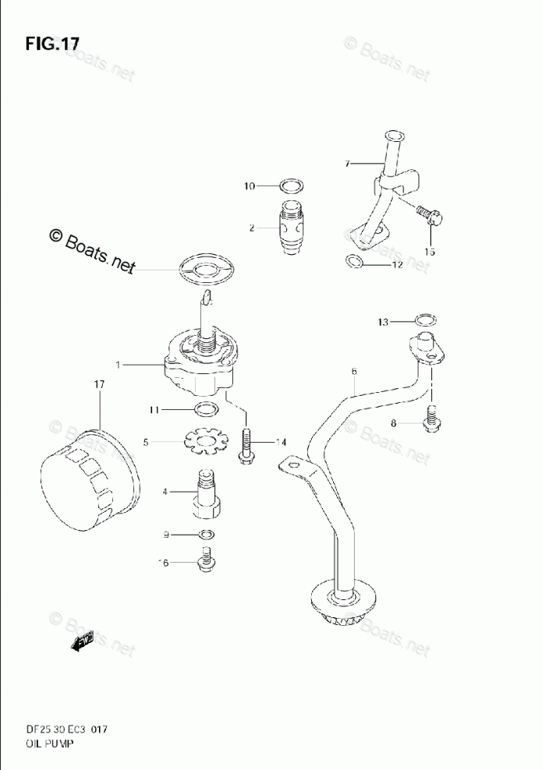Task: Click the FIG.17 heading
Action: tap(52, 44)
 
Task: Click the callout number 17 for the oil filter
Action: tap(99, 384)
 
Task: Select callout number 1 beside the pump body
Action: tap(118, 364)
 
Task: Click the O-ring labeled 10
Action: tap(291, 186)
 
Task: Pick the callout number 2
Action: tap(252, 228)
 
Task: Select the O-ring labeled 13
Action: tap(425, 320)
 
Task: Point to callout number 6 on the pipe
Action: tap(353, 372)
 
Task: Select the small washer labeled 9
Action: tap(207, 535)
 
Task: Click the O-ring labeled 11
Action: tap(204, 410)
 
